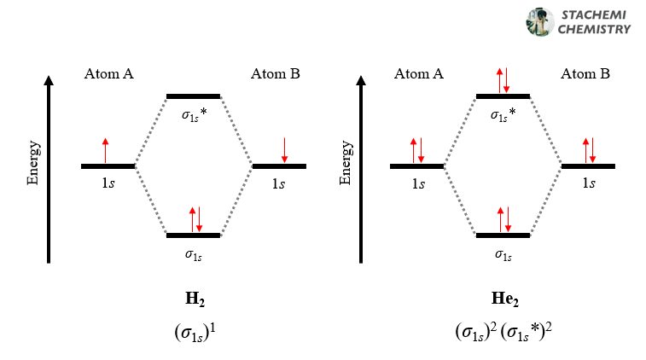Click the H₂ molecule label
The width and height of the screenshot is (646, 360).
pos(194,299)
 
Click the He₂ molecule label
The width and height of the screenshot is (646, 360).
pos(503,299)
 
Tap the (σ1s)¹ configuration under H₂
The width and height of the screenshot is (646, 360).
pos(194,330)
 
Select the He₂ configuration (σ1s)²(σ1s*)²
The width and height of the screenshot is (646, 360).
pos(503,330)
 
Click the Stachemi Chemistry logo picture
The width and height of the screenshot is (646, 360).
pos(540,22)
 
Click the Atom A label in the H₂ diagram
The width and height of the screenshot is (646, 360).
pos(108,74)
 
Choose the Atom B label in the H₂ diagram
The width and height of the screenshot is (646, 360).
pos(275,74)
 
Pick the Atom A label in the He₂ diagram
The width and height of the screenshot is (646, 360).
pos(418,74)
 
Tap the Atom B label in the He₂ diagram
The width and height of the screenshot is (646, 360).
pos(585,74)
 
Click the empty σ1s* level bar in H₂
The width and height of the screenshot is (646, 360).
pos(194,96)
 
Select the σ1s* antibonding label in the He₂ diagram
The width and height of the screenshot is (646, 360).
pos(503,113)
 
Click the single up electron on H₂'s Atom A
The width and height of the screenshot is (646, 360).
pos(106,149)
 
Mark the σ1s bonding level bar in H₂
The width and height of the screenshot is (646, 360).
pos(194,235)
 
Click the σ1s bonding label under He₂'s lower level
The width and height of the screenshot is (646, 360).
pos(503,253)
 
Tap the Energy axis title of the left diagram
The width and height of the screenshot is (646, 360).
pos(32,165)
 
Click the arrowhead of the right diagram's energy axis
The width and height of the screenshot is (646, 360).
pos(359,82)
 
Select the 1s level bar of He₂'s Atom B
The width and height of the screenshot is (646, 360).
pos(588,165)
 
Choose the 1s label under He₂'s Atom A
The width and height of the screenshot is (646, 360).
pos(417,183)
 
